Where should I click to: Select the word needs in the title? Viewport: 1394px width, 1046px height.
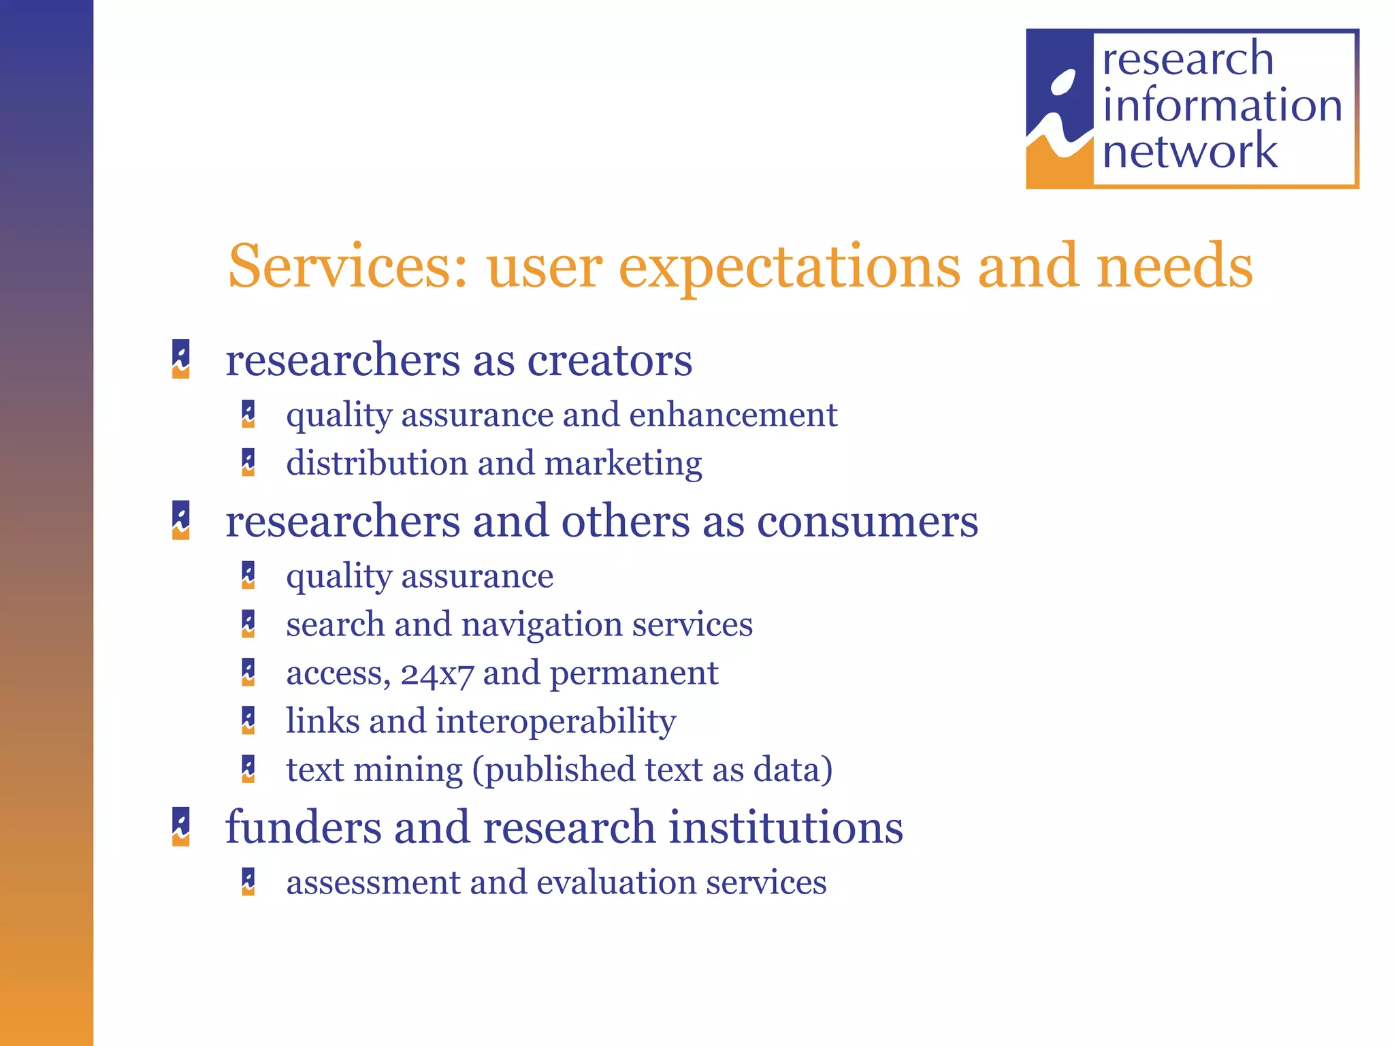(x=1175, y=266)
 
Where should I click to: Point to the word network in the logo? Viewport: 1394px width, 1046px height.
(x=1189, y=150)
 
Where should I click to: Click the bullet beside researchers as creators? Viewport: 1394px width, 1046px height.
(x=181, y=359)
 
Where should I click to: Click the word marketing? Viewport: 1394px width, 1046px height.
(x=623, y=464)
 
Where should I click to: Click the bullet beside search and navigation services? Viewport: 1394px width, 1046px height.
(x=248, y=624)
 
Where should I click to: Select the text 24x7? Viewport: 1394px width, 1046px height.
(x=436, y=673)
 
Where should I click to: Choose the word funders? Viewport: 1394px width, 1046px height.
(x=303, y=827)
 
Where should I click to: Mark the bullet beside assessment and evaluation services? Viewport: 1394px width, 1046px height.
(x=248, y=882)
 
